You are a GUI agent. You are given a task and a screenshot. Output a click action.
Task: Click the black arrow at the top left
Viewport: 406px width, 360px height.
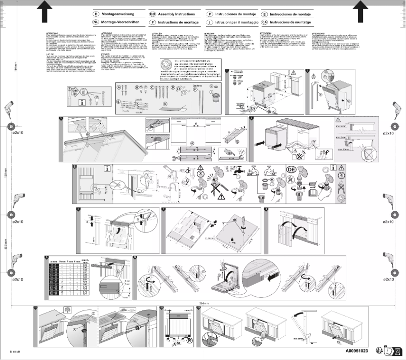43,9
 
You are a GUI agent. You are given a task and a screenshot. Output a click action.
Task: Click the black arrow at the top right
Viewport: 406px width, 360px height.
362,9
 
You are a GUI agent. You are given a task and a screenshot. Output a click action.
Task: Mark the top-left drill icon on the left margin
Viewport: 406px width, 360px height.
9,110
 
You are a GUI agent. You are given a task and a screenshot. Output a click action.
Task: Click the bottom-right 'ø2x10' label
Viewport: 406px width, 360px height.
389,279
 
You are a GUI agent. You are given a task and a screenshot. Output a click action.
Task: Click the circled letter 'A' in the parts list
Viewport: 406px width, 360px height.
119,87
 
